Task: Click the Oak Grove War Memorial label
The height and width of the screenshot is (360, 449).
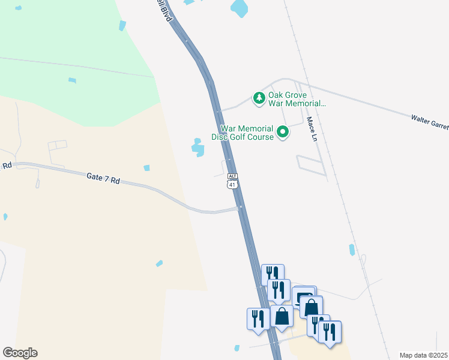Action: click(297, 99)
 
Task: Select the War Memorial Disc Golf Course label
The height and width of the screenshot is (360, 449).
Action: click(247, 133)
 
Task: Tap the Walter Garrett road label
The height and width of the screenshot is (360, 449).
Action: click(429, 122)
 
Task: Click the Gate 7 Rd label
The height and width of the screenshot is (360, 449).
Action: click(103, 178)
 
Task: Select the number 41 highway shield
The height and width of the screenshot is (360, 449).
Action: click(233, 184)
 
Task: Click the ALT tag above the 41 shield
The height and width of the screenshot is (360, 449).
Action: click(233, 176)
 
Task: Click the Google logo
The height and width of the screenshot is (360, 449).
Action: click(20, 353)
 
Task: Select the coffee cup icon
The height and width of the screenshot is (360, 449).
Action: click(304, 296)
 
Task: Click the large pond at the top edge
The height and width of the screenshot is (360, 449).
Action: click(239, 8)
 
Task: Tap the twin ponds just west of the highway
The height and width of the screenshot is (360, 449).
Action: click(197, 147)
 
